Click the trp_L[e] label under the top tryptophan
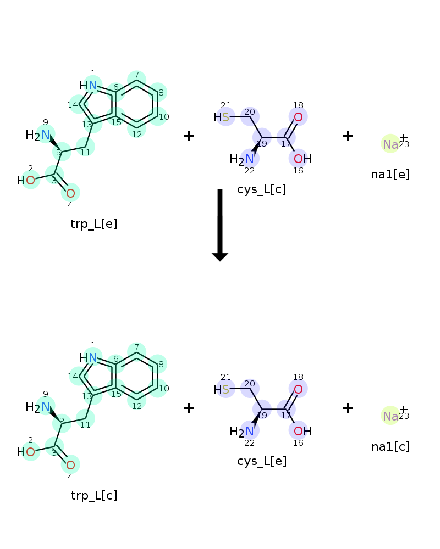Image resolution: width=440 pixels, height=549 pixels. point(94,223)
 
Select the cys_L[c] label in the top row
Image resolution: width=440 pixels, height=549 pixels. point(261,189)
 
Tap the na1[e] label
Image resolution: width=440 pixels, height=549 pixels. point(391,175)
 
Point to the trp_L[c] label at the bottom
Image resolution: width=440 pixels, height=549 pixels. point(94,495)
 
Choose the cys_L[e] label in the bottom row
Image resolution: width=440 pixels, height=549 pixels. point(262,461)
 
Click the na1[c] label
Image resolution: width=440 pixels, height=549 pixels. point(391,446)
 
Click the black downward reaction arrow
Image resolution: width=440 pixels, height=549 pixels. point(220,225)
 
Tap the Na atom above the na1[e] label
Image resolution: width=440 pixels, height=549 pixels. point(391,144)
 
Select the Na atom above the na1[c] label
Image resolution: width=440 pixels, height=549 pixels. point(391,416)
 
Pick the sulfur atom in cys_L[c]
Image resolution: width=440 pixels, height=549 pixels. point(226,117)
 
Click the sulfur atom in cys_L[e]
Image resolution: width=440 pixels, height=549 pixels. point(226,389)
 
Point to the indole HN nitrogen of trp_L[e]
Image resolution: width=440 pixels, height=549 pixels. point(92,86)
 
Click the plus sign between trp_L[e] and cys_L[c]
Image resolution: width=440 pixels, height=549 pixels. point(189,136)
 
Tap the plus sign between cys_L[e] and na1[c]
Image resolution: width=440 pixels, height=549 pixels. point(348,408)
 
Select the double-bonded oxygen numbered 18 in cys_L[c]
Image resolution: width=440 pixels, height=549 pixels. point(298,117)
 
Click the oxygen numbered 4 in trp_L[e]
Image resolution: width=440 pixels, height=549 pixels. point(70,193)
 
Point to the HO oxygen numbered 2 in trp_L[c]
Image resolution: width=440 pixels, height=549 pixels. point(31,452)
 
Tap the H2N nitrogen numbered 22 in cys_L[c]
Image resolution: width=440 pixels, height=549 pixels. point(250,159)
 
